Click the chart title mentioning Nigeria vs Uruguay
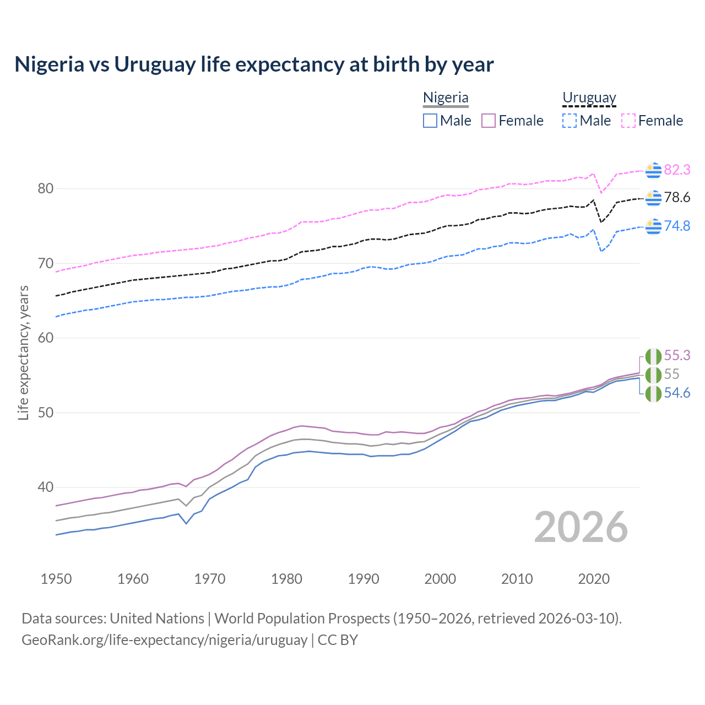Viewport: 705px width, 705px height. [x=254, y=64]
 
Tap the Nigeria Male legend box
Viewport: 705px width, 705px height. [x=430, y=121]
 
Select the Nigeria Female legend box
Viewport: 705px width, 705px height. [x=489, y=121]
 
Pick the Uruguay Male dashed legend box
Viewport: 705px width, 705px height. [x=570, y=121]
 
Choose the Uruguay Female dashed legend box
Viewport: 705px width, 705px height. [x=628, y=121]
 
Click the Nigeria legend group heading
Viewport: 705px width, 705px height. [x=446, y=98]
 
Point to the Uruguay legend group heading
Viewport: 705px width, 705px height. [x=589, y=98]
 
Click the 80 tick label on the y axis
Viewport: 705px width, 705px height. [x=45, y=189]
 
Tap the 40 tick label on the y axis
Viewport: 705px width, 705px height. [x=45, y=487]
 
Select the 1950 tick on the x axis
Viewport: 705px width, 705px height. [x=56, y=579]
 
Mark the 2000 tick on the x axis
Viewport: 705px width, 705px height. [x=441, y=579]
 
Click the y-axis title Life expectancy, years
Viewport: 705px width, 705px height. [x=23, y=352]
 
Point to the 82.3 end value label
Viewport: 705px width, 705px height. [x=677, y=170]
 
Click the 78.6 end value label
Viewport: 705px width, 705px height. [x=677, y=198]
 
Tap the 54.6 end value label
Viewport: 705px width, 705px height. [x=677, y=393]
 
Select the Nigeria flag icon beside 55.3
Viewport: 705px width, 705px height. [x=653, y=356]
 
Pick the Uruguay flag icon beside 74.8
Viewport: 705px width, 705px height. [x=653, y=226]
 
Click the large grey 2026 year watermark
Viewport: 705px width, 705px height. [x=581, y=527]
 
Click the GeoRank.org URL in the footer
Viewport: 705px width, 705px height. [x=164, y=640]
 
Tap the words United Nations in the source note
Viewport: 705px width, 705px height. [x=157, y=619]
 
